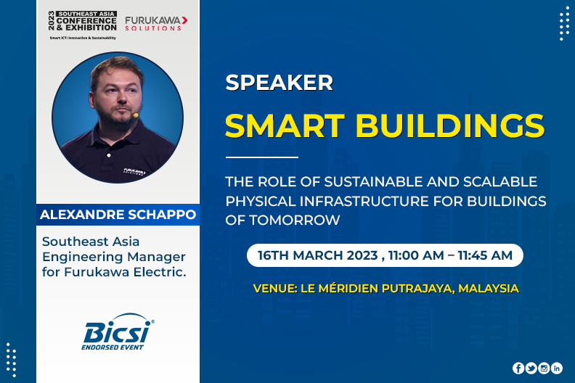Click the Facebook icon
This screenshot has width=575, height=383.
[x=518, y=368]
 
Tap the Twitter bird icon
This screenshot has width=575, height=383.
[x=531, y=368]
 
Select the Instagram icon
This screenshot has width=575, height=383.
[x=544, y=368]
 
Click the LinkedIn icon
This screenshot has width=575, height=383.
[x=557, y=368]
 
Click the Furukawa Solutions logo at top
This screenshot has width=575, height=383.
[x=156, y=23]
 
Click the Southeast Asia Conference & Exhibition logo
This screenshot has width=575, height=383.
[x=83, y=25]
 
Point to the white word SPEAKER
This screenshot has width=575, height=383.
[x=279, y=83]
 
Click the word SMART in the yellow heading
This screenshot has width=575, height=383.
[x=285, y=125]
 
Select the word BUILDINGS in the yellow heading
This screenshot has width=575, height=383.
[x=450, y=125]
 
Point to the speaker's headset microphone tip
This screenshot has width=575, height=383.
[x=136, y=115]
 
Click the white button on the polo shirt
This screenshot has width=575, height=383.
[x=109, y=155]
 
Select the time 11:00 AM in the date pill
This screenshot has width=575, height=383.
[x=416, y=255]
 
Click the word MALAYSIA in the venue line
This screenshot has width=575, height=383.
[x=489, y=289]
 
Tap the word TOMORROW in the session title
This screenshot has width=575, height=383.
[x=295, y=221]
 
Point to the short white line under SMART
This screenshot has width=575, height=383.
[x=262, y=157]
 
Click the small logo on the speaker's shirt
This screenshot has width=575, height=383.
[x=134, y=171]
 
